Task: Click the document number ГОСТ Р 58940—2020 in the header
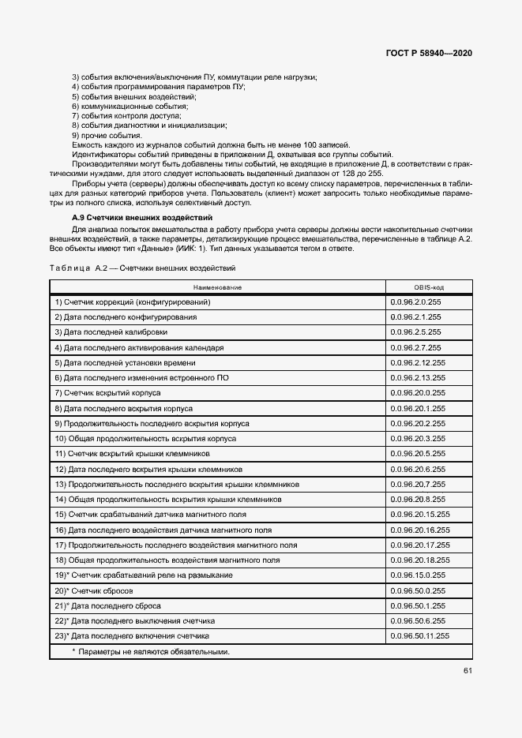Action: click(430, 54)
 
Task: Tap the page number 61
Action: click(468, 671)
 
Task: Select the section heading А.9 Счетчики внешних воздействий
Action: click(141, 217)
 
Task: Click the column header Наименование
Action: click(216, 288)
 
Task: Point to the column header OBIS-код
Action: click(429, 288)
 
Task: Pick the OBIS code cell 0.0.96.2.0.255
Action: click(415, 302)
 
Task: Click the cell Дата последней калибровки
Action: click(111, 332)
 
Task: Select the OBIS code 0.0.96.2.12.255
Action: click(418, 362)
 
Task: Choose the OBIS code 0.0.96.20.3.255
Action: click(418, 438)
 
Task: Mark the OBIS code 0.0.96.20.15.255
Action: click(420, 514)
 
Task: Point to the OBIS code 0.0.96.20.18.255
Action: click(420, 560)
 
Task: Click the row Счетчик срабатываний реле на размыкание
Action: click(143, 575)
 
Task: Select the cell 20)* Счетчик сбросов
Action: click(93, 590)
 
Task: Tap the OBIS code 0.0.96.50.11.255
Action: click(420, 635)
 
